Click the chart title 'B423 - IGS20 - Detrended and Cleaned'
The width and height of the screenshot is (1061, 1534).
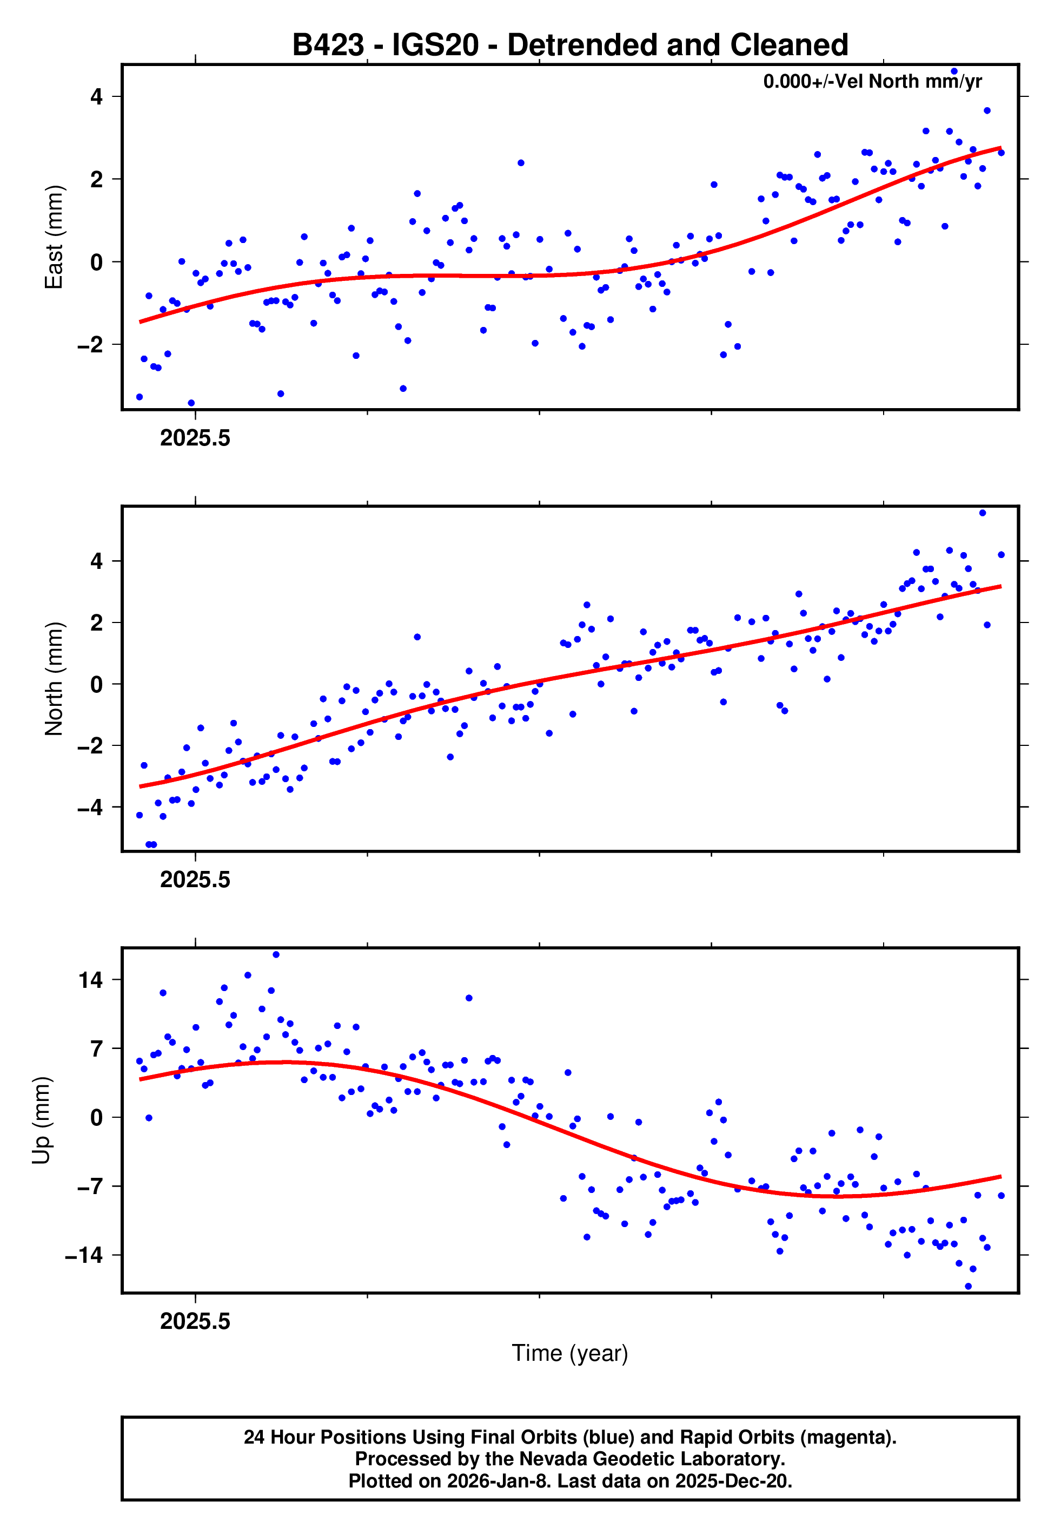pos(570,45)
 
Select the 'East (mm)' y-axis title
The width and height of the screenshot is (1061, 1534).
pos(53,237)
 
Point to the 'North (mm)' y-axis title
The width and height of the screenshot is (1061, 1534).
pos(53,679)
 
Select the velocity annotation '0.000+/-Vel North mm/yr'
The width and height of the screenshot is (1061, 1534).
pos(872,81)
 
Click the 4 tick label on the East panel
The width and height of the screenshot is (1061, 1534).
pos(97,97)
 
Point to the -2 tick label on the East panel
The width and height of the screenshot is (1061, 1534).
pos(90,345)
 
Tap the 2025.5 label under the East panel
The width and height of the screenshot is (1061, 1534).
pos(195,438)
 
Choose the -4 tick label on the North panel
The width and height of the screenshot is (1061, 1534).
pos(90,808)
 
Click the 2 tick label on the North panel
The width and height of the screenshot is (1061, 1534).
pos(97,622)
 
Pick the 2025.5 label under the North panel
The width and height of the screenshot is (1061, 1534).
pos(195,880)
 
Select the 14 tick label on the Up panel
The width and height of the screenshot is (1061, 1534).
pos(90,980)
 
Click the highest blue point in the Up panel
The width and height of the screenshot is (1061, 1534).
pos(276,955)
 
